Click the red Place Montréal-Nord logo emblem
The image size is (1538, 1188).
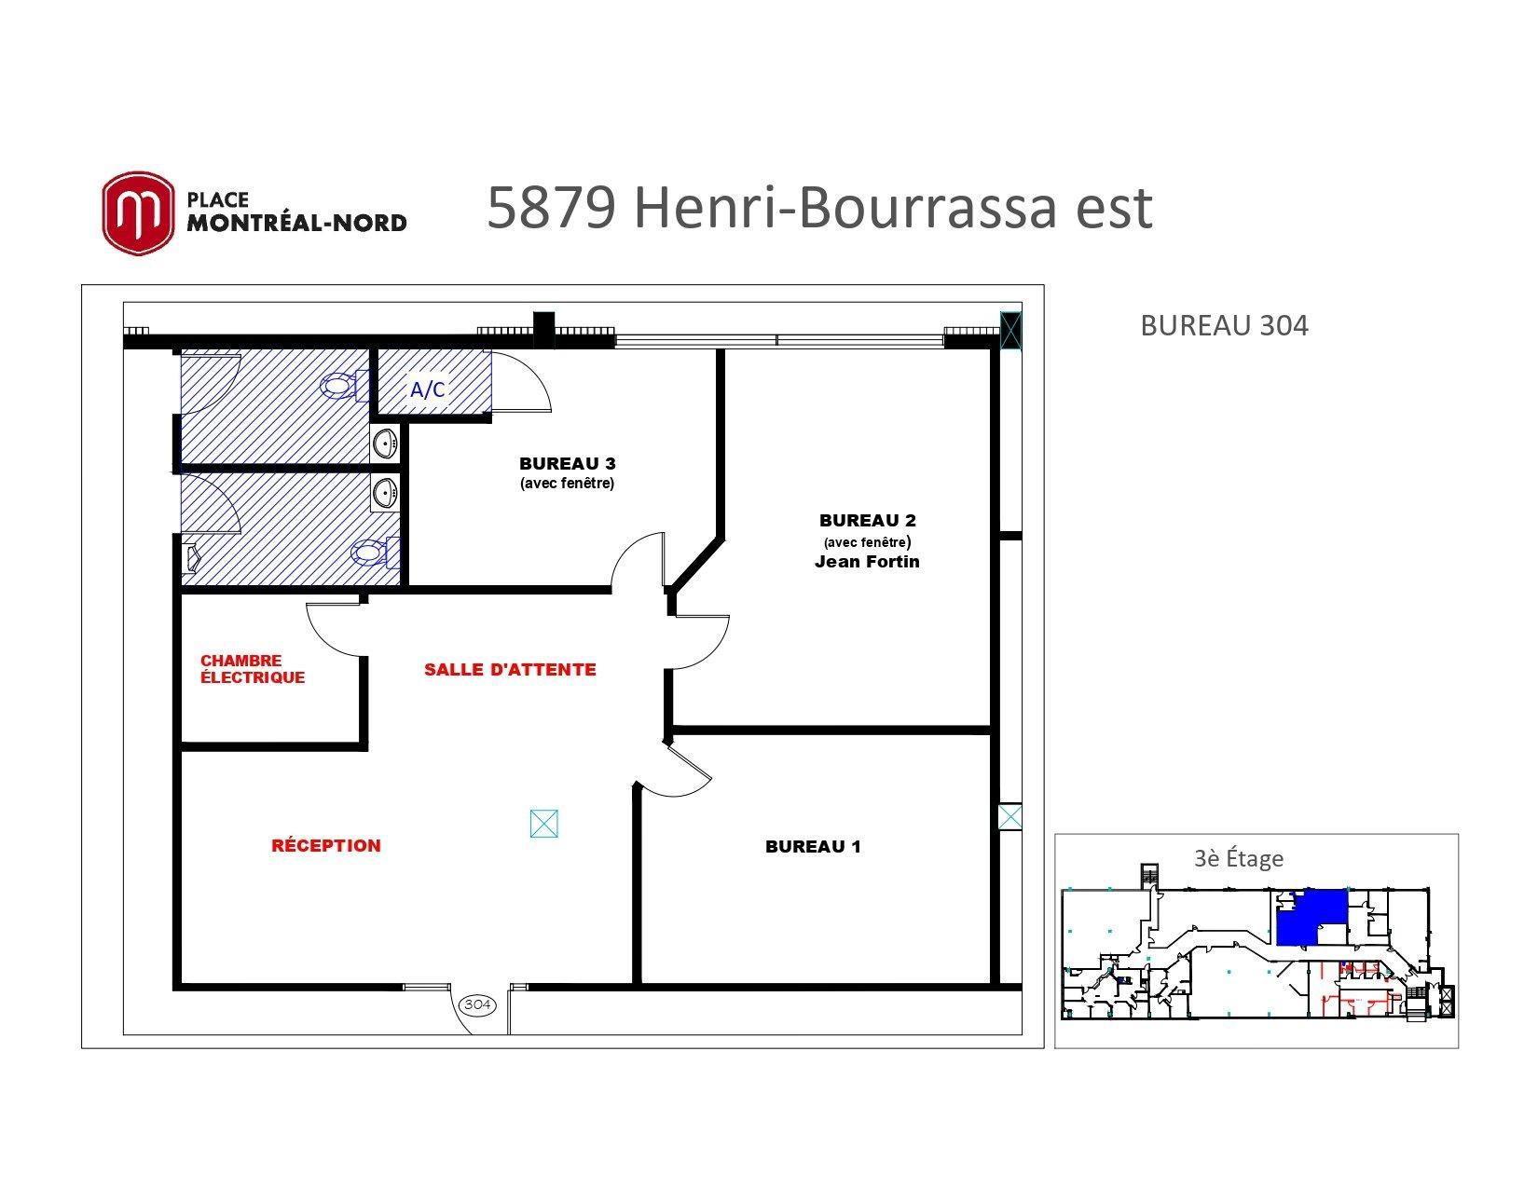137,212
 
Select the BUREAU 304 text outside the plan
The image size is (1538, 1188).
1224,325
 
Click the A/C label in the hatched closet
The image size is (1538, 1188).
428,389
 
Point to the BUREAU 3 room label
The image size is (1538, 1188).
568,463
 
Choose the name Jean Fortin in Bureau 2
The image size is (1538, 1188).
867,561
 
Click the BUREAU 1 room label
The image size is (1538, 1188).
813,846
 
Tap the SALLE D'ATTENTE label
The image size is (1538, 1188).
510,669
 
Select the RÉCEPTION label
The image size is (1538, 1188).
326,845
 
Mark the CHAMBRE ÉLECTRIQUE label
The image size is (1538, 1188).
253,669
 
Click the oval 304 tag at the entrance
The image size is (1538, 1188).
478,1004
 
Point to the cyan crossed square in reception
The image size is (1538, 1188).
543,824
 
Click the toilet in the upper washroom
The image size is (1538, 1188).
344,386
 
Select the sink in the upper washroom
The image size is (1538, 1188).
385,444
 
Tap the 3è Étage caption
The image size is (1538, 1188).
1239,857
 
